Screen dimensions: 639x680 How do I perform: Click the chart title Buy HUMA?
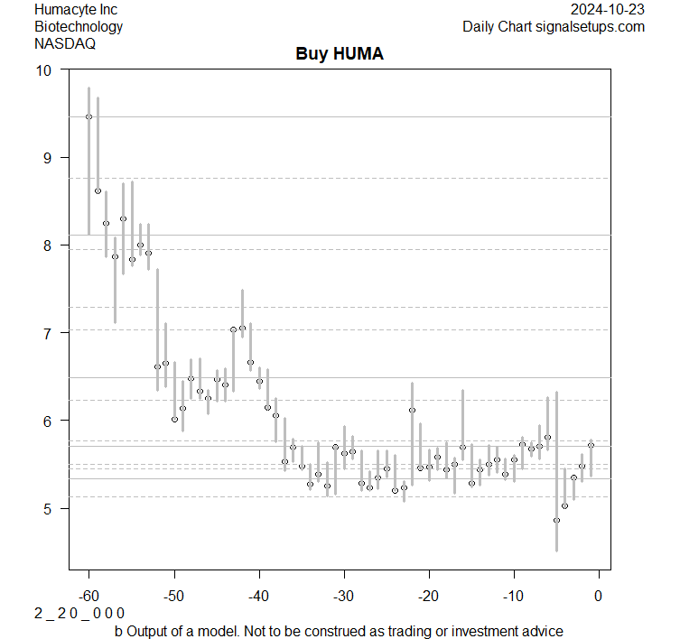click(340, 54)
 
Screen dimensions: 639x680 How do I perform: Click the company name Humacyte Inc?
click(76, 9)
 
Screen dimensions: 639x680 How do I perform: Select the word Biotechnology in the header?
click(79, 26)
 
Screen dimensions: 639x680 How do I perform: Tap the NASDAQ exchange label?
click(65, 43)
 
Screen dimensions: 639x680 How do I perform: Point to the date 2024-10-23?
click(609, 9)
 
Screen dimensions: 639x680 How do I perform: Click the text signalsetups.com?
click(590, 26)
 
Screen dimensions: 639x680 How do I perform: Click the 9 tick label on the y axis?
click(48, 158)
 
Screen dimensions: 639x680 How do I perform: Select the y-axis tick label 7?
click(48, 333)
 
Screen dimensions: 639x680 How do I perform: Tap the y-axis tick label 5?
click(48, 509)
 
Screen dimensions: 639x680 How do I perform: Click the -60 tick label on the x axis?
click(88, 597)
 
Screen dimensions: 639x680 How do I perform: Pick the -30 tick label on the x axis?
click(343, 597)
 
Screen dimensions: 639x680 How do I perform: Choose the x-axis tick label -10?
click(513, 597)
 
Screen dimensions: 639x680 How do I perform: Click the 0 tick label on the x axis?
click(598, 597)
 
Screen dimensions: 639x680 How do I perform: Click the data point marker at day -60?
click(88, 116)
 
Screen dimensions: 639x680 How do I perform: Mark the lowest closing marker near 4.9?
click(556, 520)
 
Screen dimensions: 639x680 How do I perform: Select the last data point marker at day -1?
click(591, 445)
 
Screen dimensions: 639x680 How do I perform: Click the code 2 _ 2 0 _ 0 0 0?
click(79, 613)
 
